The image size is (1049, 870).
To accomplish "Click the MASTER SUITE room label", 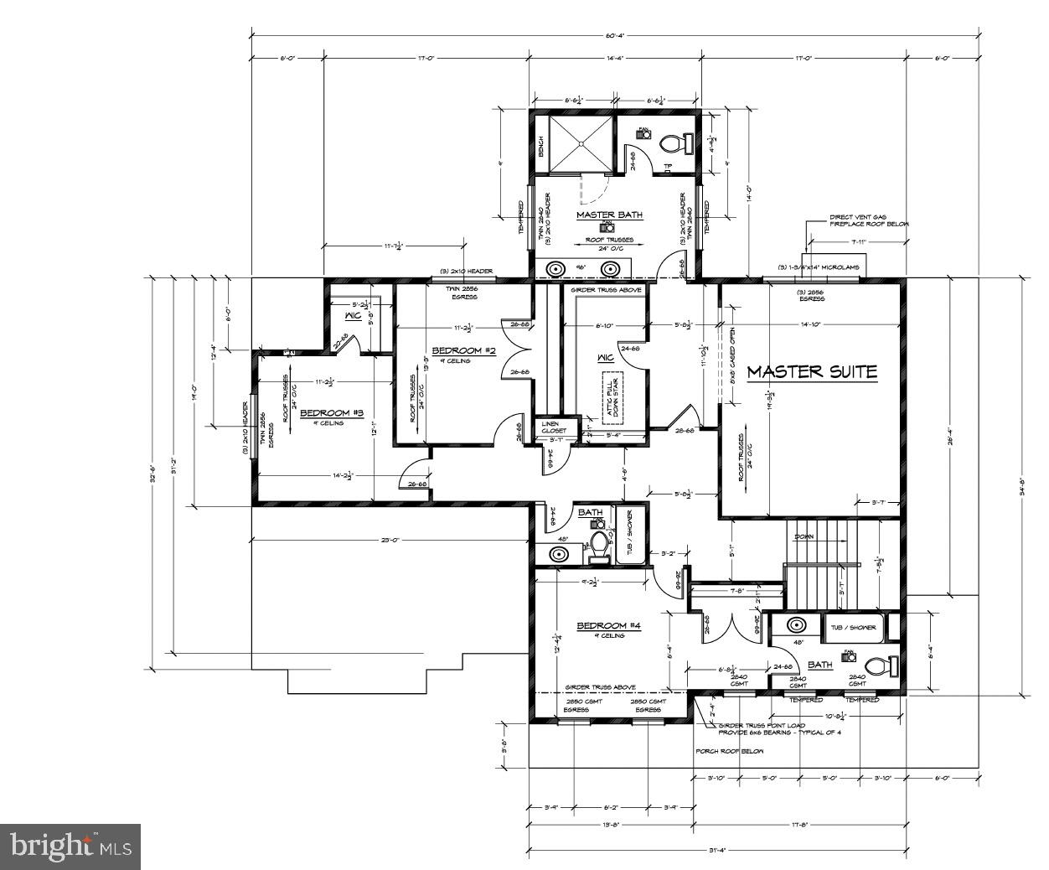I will [812, 371].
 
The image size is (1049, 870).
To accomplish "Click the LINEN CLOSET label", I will [554, 427].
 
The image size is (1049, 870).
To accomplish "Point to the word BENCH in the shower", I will [540, 148].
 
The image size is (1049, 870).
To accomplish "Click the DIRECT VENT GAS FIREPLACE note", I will [869, 220].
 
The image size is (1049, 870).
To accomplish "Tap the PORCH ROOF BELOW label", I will [730, 751].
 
